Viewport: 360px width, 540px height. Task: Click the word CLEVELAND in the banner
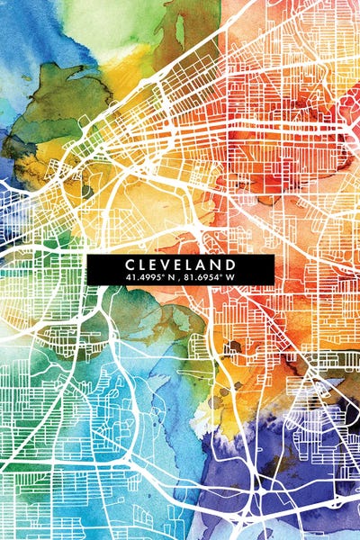click(x=181, y=264)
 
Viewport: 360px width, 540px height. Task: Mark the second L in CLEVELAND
click(x=194, y=264)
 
